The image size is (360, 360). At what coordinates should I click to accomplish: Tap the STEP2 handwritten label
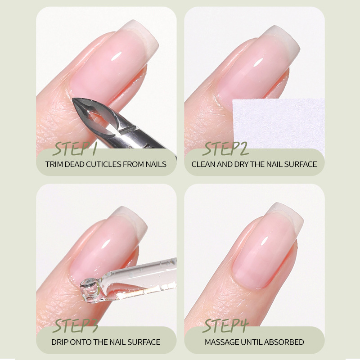[225, 149]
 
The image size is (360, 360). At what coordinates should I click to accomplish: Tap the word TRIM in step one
[54, 164]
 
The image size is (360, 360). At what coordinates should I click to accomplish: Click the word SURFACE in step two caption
[300, 164]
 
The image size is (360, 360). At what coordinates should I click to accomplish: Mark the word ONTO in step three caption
[81, 342]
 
